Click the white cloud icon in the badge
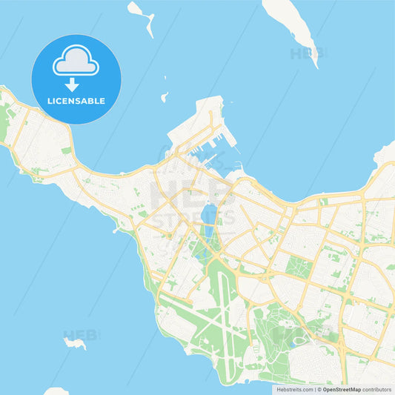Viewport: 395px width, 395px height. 76,60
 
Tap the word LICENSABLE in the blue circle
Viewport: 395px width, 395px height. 76,101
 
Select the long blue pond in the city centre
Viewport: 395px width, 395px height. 207,218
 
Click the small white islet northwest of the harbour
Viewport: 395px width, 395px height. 165,97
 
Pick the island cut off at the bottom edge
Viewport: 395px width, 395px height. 56,391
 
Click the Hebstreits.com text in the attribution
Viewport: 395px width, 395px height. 293,388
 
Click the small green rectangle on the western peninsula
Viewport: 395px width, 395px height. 66,150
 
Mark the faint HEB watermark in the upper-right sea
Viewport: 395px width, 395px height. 304,53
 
